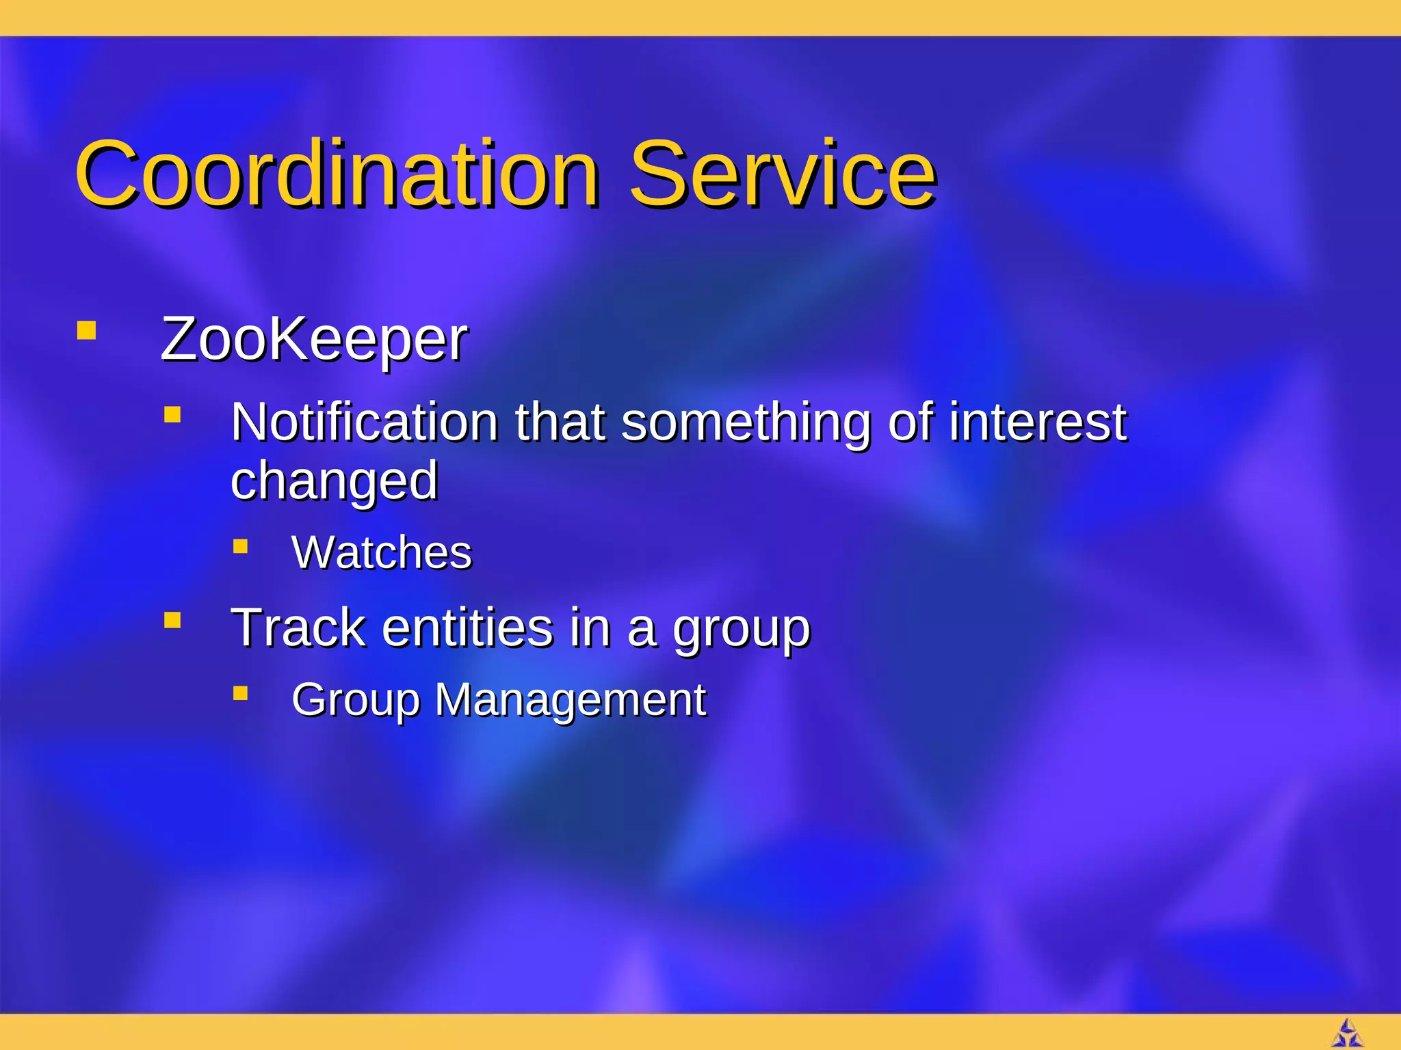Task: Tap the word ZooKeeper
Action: pyautogui.click(x=313, y=339)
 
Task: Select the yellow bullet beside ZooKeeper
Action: pyautogui.click(x=86, y=331)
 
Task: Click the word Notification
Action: pyautogui.click(x=365, y=422)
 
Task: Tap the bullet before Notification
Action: pyautogui.click(x=172, y=415)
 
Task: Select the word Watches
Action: pyautogui.click(x=381, y=552)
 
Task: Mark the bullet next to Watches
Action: pyautogui.click(x=240, y=546)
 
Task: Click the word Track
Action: pyautogui.click(x=298, y=627)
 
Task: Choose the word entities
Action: pyautogui.click(x=467, y=627)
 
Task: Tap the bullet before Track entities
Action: pyautogui.click(x=172, y=620)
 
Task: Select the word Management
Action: pyautogui.click(x=570, y=699)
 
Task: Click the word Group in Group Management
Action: pyautogui.click(x=355, y=701)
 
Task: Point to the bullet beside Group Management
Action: pyautogui.click(x=240, y=694)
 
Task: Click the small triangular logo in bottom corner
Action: pyautogui.click(x=1347, y=1033)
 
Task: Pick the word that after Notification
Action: pyautogui.click(x=560, y=422)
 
